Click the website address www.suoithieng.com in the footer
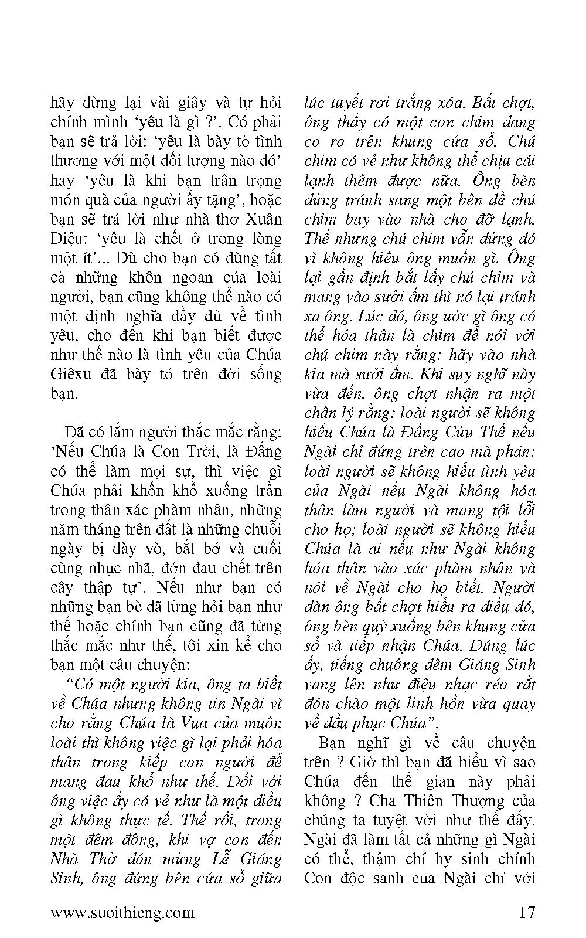click(x=122, y=912)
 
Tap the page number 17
click(x=526, y=912)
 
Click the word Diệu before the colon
click(x=69, y=239)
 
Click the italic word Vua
click(x=199, y=723)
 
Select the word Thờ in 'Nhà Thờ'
click(x=106, y=858)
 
